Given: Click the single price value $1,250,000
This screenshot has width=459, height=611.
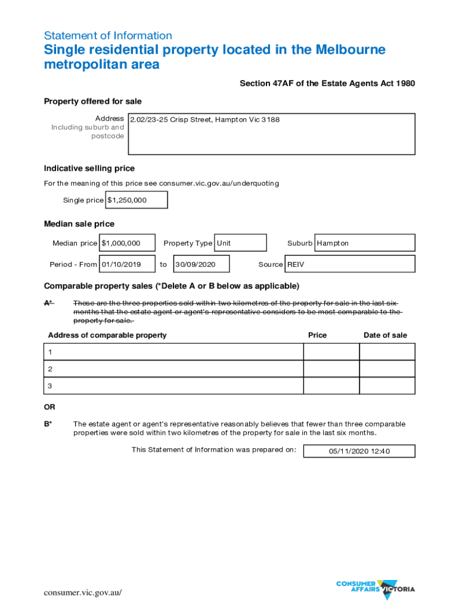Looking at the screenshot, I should (136, 200).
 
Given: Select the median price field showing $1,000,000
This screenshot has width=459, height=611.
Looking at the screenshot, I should (128, 243).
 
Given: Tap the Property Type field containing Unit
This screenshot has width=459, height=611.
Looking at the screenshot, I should (240, 243).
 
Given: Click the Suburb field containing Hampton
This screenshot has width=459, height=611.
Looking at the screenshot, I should (364, 243).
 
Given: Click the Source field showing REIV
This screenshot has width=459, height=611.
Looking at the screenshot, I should (350, 264).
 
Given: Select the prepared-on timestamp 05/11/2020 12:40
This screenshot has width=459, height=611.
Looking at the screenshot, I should (359, 451).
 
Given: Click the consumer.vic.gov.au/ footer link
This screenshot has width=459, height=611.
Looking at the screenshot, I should (82, 592).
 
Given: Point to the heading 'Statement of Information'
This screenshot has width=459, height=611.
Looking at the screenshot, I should (108, 36).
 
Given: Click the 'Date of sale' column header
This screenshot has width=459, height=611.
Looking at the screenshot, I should (385, 335).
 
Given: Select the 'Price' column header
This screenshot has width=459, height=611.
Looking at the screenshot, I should (317, 335).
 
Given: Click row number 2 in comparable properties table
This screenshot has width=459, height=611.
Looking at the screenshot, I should (51, 369).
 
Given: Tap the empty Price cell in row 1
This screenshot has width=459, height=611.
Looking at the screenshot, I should (331, 352).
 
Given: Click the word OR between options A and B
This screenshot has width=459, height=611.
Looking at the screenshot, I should (49, 407).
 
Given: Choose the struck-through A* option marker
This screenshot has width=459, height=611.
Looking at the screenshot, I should (49, 303).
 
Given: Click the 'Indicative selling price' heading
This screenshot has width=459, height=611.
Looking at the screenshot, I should (89, 168).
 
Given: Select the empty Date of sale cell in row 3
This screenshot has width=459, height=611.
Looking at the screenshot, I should (387, 386).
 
